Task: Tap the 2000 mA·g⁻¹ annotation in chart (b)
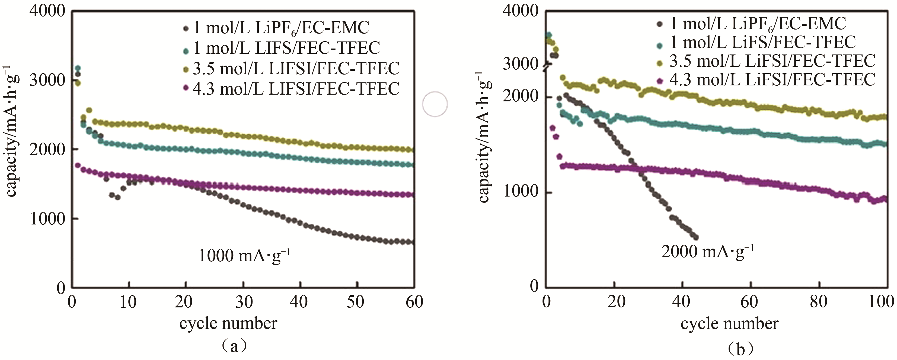pos(708,251)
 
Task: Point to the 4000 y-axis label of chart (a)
pos(47,11)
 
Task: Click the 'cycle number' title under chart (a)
pos(228,323)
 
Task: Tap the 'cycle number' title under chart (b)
pos(729,324)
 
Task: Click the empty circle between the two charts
pos(435,104)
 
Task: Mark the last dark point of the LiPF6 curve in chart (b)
pos(696,237)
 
